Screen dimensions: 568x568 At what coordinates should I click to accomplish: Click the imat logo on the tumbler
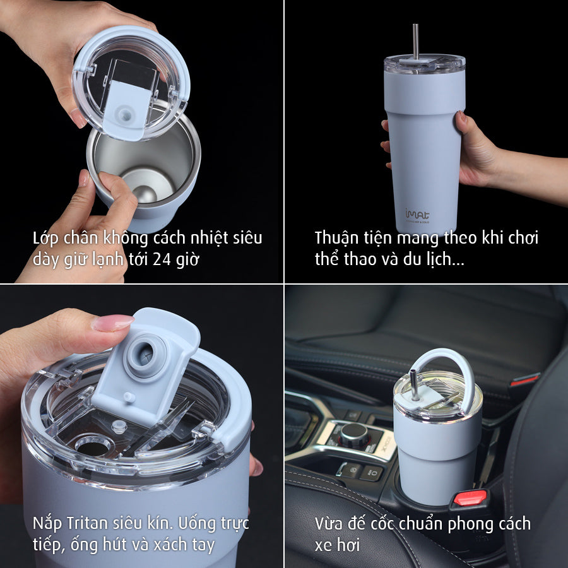click(x=413, y=213)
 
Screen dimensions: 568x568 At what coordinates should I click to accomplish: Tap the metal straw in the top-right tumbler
click(x=415, y=41)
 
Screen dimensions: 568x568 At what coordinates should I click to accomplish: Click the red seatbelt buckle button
click(x=470, y=497)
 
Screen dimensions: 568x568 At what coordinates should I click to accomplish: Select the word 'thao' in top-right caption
click(x=353, y=259)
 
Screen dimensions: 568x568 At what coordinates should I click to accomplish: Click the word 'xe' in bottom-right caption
click(x=324, y=545)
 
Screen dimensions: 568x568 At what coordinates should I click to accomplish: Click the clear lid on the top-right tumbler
click(x=424, y=64)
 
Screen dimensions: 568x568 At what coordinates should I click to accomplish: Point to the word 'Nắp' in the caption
click(x=48, y=523)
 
